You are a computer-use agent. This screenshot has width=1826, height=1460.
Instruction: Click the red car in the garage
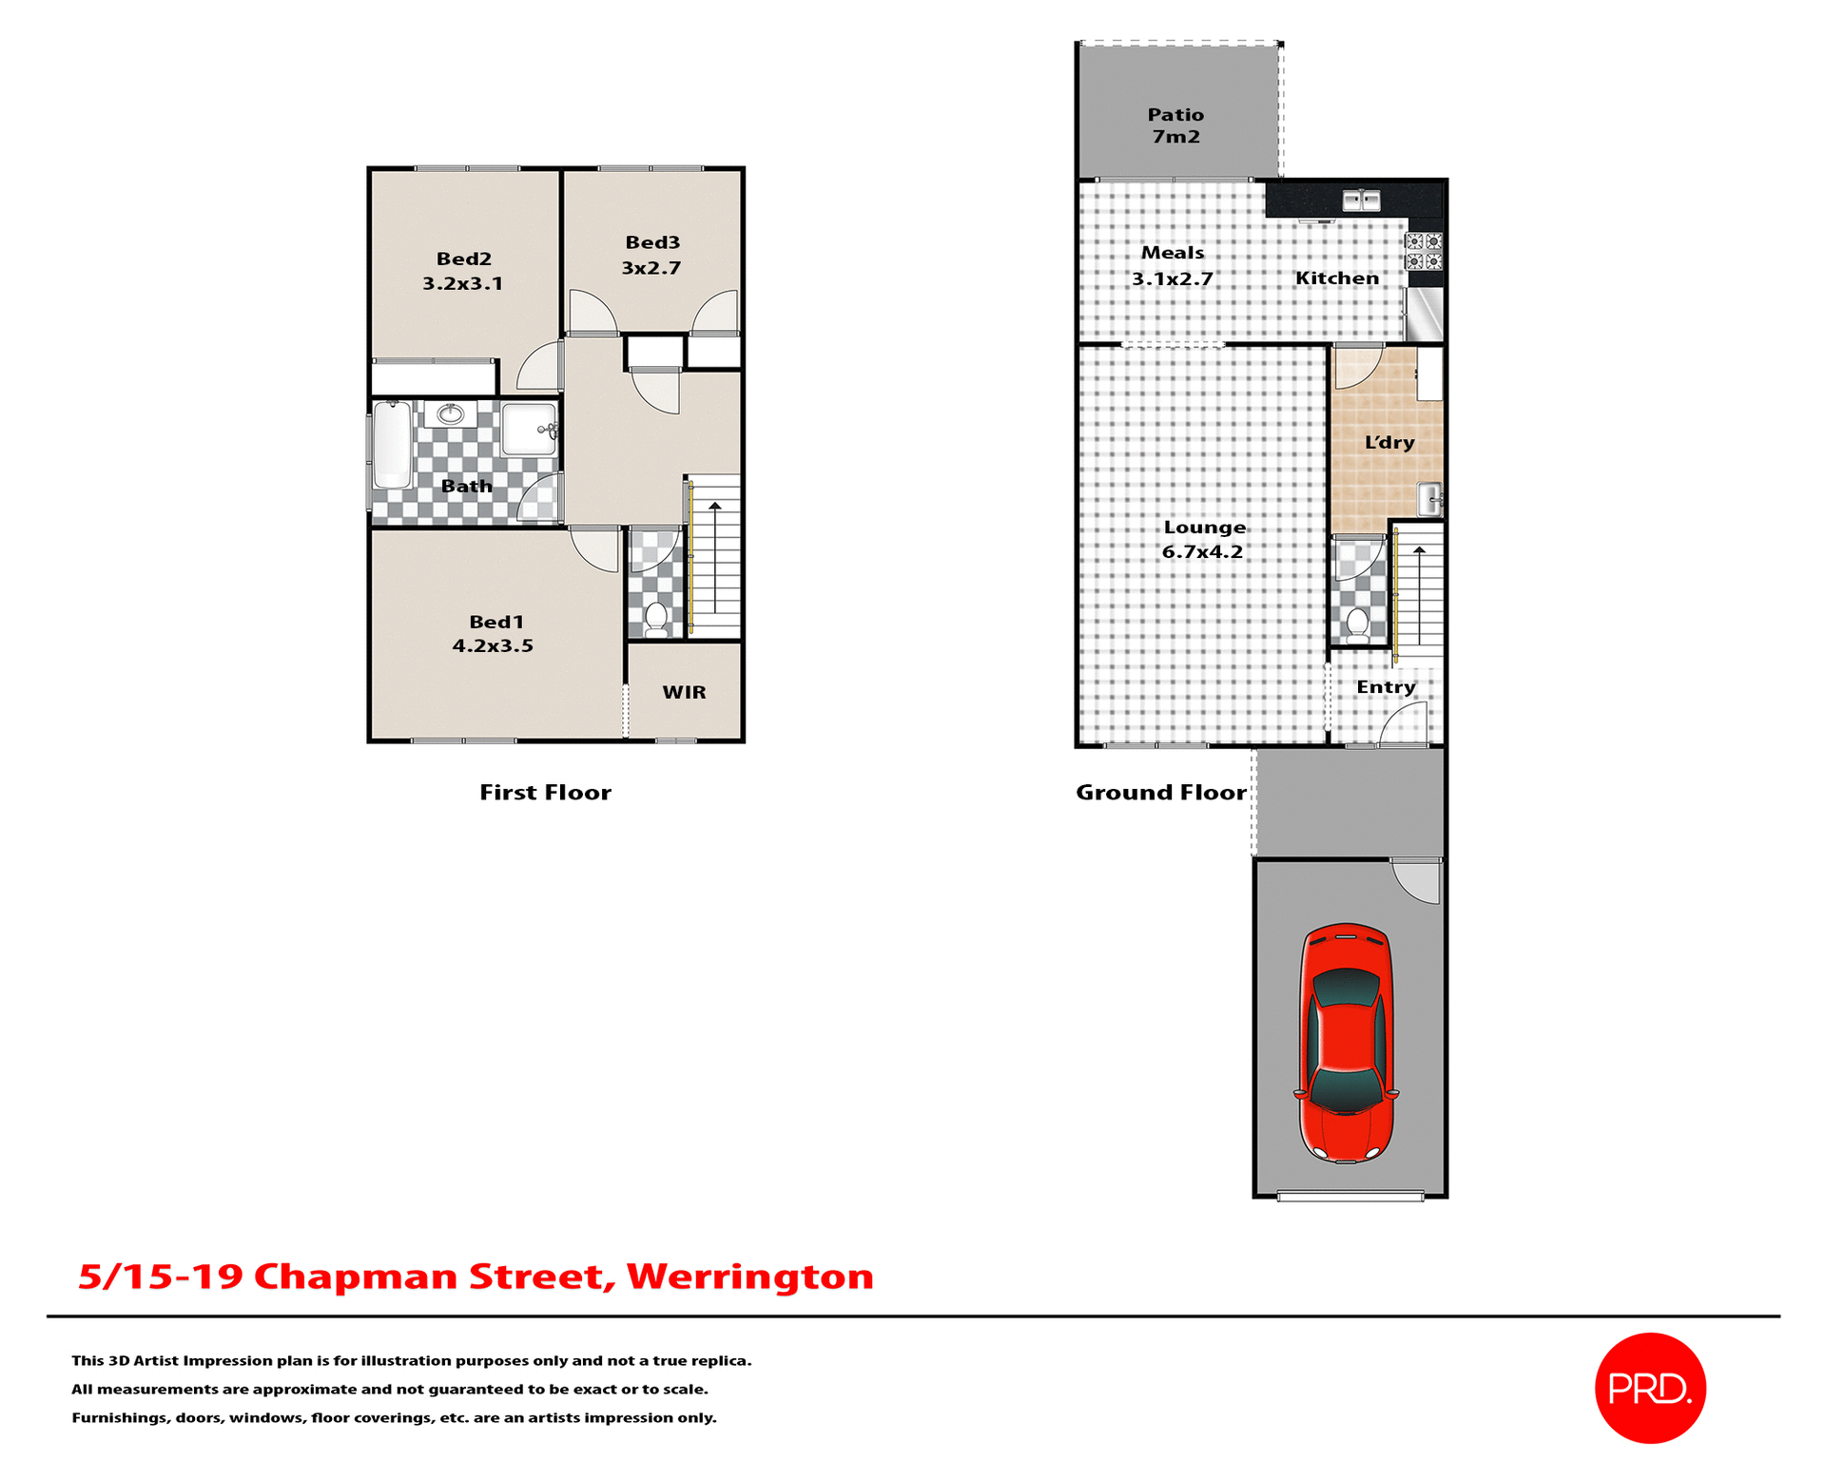tap(1346, 1042)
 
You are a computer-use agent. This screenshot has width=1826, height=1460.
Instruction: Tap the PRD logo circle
tap(1650, 1388)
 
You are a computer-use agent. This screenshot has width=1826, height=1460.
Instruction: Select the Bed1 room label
tap(496, 622)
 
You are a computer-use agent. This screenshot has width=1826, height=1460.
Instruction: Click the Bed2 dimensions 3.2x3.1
tap(462, 283)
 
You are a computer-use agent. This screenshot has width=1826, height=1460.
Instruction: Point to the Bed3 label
tap(652, 242)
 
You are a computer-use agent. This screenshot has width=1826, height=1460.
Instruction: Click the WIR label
tap(684, 692)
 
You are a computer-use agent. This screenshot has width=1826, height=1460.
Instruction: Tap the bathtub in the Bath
tap(392, 444)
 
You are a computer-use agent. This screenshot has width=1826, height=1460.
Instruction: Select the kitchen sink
tap(1361, 200)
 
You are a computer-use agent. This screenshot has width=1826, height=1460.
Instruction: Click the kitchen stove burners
tap(1424, 251)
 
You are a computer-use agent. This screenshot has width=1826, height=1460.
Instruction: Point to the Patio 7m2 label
tap(1175, 125)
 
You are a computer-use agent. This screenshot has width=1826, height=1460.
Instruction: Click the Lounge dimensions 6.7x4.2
tap(1202, 551)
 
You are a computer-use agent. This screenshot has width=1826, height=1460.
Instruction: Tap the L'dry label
tap(1389, 442)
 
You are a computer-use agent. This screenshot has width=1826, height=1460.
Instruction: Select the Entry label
tap(1386, 686)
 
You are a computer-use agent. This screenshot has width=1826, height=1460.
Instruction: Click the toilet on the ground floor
tap(1357, 625)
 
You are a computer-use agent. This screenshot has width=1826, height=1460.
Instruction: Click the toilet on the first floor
tap(655, 618)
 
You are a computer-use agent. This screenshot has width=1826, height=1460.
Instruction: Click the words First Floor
tap(545, 792)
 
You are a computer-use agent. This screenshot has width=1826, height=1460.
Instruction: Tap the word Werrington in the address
tap(749, 1276)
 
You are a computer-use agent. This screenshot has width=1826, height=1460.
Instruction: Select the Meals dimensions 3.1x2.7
tap(1172, 279)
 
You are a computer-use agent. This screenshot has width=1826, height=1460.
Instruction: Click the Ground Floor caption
tap(1160, 792)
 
